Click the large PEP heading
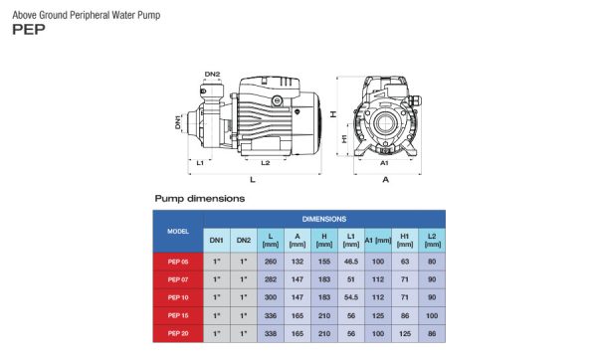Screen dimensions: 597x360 coord(29,29)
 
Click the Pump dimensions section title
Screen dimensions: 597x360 coord(200,199)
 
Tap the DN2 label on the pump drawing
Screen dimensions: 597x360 coord(212,75)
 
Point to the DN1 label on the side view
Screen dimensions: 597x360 coord(178,122)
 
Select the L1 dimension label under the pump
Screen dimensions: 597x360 coord(200,163)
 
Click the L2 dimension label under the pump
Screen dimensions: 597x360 coord(265,163)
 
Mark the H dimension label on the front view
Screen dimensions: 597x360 coord(333,113)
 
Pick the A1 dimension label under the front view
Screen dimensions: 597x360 coord(384,163)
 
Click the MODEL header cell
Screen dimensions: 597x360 coord(178,232)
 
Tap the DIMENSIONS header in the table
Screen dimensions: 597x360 coord(324,219)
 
